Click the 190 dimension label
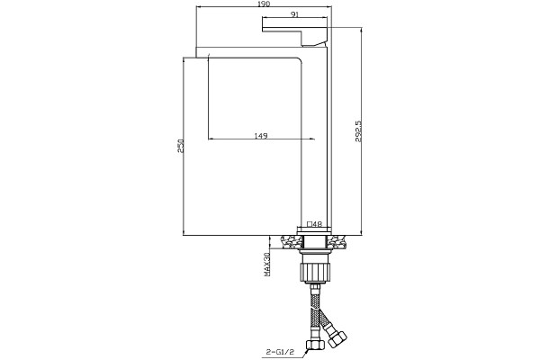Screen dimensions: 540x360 (x=264, y=4)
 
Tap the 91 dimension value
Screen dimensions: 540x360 (x=295, y=14)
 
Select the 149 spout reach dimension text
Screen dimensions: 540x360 (x=261, y=136)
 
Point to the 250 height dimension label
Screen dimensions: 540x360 (x=180, y=146)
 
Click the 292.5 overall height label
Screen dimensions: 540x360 (x=358, y=131)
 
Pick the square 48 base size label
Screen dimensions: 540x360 (x=314, y=223)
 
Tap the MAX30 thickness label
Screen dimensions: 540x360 (x=266, y=265)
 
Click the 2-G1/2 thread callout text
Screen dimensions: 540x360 (x=280, y=352)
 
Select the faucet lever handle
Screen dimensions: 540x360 (x=294, y=31)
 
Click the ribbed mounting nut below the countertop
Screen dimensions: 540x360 (x=314, y=272)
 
